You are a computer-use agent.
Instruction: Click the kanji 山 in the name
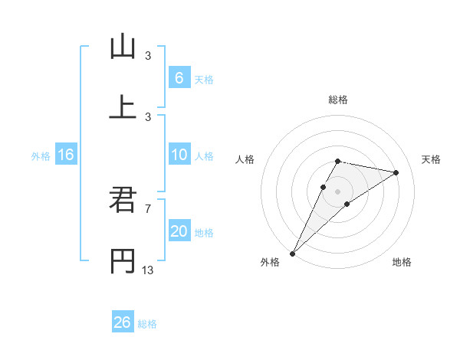(x=123, y=47)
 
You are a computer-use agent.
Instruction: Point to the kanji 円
(x=123, y=260)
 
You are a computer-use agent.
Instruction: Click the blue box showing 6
(x=179, y=77)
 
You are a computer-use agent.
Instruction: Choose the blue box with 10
(x=179, y=155)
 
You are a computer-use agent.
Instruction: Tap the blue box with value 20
(x=179, y=231)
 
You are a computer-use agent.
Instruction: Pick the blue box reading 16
(x=66, y=155)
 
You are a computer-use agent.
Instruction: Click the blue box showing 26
(x=123, y=322)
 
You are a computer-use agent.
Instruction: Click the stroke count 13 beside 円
(x=148, y=269)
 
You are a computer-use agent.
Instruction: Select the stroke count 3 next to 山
(x=148, y=56)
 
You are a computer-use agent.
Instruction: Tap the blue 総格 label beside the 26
(x=147, y=324)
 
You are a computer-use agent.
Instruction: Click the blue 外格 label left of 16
(x=41, y=155)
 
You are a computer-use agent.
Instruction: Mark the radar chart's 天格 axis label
(x=432, y=159)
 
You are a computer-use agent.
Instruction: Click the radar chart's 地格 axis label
(x=402, y=263)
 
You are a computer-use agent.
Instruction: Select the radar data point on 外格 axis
(x=293, y=253)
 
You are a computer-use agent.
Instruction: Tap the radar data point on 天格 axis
(x=396, y=172)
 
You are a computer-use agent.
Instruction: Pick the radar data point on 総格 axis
(x=337, y=161)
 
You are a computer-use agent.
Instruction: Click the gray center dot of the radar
(x=337, y=191)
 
